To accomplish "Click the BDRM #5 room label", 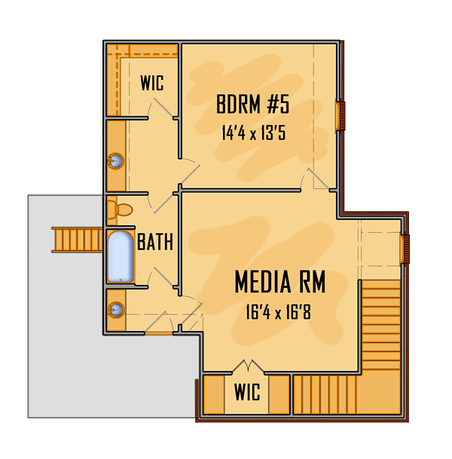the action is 253,104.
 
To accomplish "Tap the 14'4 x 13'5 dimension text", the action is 253,133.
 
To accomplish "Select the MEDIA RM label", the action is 280,282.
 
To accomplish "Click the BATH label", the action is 155,242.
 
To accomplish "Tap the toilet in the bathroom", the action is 120,210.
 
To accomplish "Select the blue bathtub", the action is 121,257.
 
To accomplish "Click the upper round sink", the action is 116,161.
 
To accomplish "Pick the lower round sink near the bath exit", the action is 116,310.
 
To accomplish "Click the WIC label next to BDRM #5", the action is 152,83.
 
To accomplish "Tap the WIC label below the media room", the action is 247,392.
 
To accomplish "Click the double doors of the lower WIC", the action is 248,366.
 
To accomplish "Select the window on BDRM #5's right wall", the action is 341,115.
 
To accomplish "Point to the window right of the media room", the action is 405,249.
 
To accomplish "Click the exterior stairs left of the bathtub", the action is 78,240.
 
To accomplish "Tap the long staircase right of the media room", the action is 381,324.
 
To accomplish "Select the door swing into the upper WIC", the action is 163,109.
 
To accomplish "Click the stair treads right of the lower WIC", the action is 325,395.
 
